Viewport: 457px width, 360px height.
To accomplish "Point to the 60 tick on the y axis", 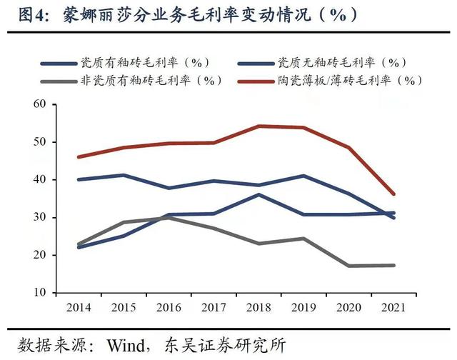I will point(39,104).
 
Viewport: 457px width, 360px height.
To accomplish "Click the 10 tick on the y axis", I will point(39,293).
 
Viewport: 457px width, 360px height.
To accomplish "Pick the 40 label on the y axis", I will point(39,180).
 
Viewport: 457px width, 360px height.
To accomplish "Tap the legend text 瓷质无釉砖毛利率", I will point(341,62).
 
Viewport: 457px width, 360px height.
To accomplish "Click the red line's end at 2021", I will point(393,194).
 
